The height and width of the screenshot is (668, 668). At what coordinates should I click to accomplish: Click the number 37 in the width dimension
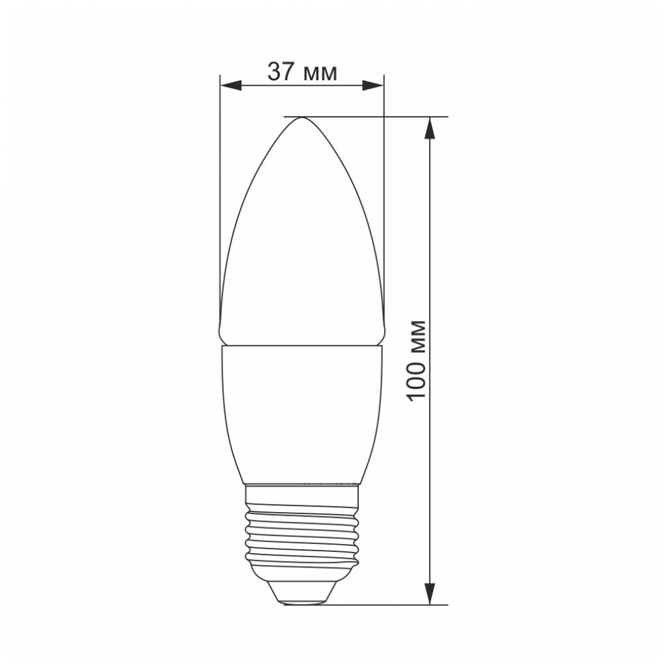coord(282,72)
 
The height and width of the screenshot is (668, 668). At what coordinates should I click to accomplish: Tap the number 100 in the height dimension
coord(417,380)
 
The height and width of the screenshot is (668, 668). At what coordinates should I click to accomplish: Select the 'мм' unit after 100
coord(418,338)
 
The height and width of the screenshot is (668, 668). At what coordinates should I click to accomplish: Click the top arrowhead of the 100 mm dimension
coord(429,128)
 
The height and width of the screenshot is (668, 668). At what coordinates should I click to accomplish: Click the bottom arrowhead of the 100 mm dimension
coord(429,594)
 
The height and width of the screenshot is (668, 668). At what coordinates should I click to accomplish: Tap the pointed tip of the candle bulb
coord(302,119)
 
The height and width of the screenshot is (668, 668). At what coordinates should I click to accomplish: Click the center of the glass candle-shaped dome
coord(302,248)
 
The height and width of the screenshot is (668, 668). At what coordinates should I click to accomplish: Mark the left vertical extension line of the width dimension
coord(220,196)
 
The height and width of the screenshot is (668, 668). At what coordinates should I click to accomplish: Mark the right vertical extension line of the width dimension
coord(384,196)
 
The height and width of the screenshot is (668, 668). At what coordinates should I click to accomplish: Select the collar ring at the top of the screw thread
coord(302,489)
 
